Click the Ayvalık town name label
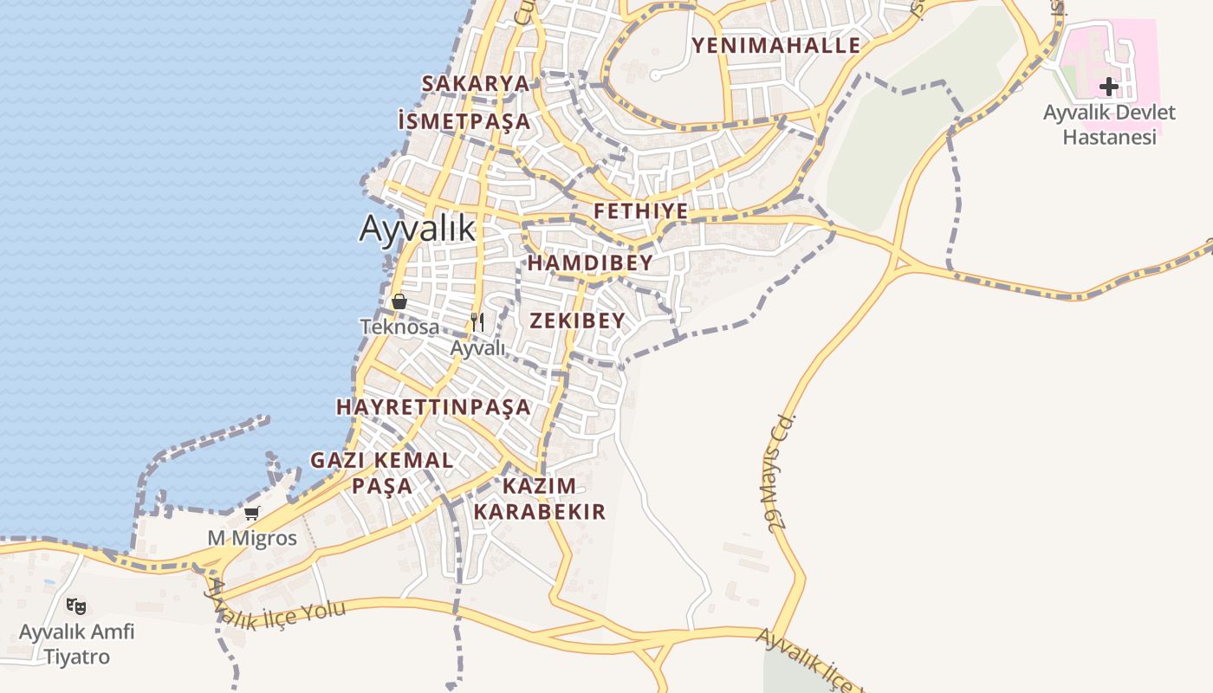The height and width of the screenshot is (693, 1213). [x=418, y=228]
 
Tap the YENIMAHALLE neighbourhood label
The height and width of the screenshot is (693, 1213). [x=776, y=45]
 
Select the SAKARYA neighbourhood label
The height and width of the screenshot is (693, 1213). [x=475, y=83]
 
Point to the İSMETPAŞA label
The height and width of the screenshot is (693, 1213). [x=464, y=121]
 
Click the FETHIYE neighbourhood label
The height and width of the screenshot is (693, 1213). [x=641, y=211]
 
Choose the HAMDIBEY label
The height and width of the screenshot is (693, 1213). [x=590, y=262]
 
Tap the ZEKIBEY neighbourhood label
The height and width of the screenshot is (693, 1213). [x=577, y=321]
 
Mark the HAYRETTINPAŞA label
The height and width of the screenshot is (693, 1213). [x=433, y=406]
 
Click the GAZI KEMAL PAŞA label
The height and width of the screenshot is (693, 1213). [x=382, y=472]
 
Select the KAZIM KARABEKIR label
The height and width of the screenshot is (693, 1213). [x=539, y=498]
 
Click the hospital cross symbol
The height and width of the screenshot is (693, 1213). [x=1108, y=87]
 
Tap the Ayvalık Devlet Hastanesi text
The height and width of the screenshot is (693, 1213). [x=1109, y=125]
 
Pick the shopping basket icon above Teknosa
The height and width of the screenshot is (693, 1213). [x=399, y=301]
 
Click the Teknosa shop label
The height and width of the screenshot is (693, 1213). [x=399, y=327]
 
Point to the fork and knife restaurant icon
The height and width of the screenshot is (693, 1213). [x=477, y=321]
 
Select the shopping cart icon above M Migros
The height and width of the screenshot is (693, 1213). [x=251, y=514]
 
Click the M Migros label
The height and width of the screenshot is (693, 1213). [x=251, y=538]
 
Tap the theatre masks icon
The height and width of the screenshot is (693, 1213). [x=76, y=606]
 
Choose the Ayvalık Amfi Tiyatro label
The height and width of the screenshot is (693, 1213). [x=77, y=644]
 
